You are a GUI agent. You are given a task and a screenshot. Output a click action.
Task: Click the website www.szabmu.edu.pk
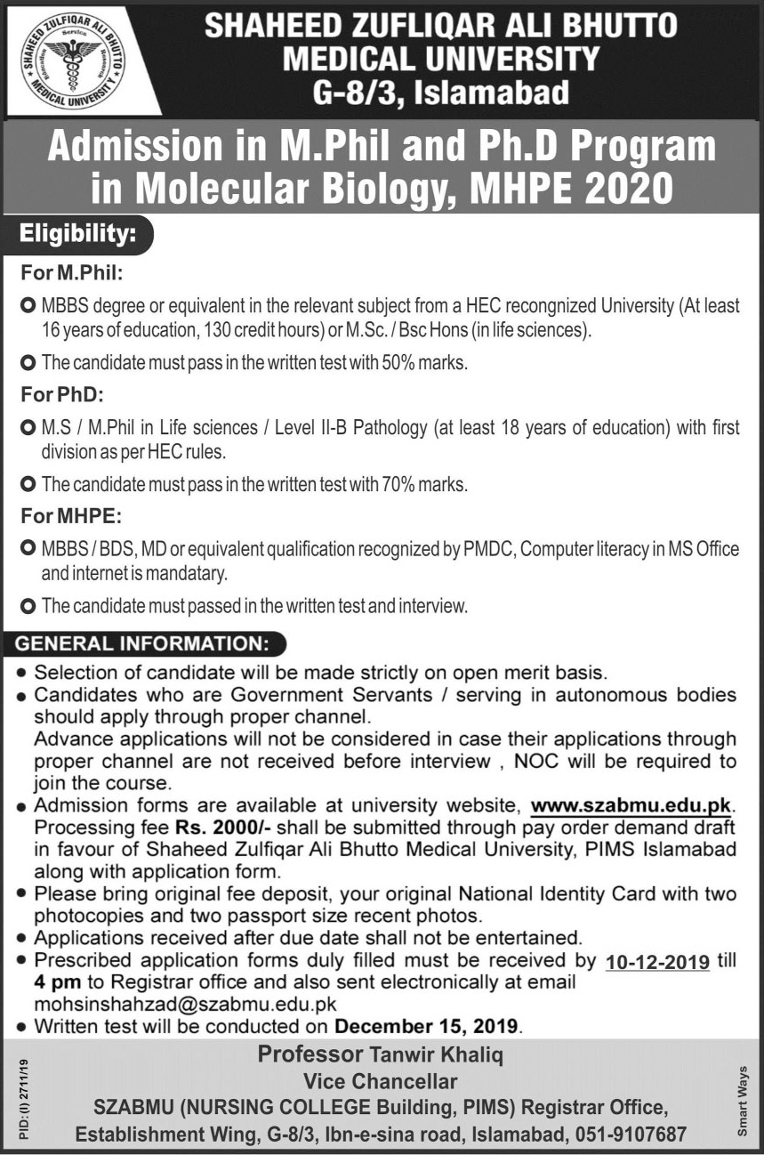click(x=631, y=806)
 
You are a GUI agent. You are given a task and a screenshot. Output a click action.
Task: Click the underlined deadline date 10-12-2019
click(x=657, y=962)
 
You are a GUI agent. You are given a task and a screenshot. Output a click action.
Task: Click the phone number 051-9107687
click(x=631, y=1135)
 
